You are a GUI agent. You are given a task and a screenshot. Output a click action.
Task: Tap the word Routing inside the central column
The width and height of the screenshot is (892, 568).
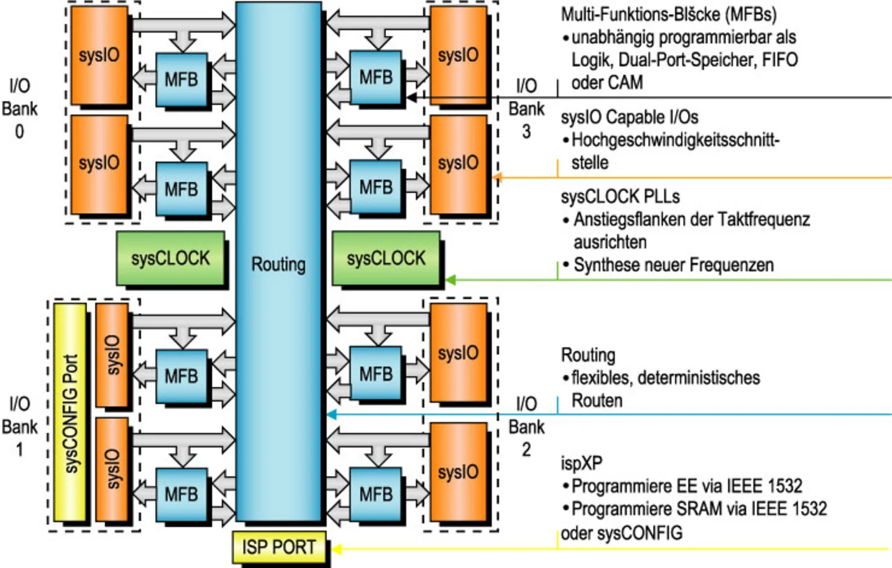click(279, 264)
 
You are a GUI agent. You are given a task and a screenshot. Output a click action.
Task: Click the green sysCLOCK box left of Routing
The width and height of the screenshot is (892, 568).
click(171, 258)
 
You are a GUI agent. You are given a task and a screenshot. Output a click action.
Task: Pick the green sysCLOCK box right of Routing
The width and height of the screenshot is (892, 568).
click(386, 259)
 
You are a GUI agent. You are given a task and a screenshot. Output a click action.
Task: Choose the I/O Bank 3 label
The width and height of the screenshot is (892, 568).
click(526, 108)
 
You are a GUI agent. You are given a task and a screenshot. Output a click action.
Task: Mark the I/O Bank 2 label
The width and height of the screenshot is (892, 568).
click(526, 427)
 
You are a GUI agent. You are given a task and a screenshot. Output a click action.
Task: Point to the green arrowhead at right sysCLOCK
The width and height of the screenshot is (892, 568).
click(450, 279)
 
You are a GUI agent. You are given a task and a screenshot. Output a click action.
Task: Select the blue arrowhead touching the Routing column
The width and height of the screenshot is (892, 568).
click(332, 415)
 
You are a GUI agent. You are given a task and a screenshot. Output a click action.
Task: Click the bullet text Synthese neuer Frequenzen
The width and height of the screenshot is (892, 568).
click(674, 265)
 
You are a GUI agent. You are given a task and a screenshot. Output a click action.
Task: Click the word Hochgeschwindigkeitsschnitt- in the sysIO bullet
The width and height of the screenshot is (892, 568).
click(675, 140)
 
